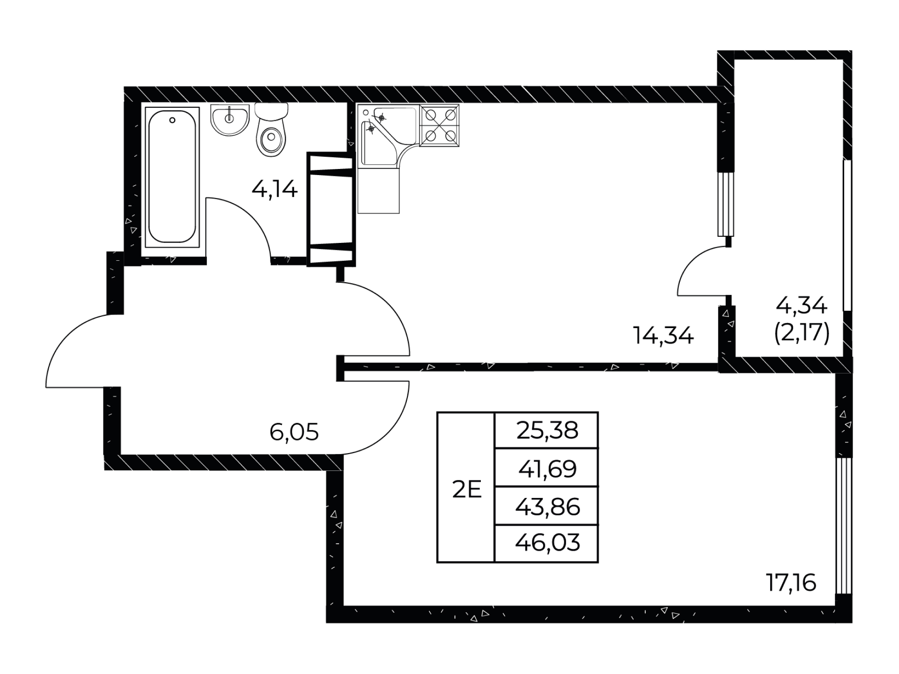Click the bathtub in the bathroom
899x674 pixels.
172,177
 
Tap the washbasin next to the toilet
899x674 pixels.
229,120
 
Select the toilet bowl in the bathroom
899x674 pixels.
271,130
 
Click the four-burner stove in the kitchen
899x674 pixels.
439,125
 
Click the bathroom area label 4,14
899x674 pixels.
274,190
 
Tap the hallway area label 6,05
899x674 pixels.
294,432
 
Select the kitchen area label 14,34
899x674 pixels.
663,335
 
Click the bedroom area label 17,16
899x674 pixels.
791,583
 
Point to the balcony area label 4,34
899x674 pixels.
802,306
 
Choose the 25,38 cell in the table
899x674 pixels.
546,430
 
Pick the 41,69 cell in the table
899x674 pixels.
546,468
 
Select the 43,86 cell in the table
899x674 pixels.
546,506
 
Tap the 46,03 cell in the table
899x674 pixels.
546,543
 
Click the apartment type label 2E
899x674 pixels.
467,491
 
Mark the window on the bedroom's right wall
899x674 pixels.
844,526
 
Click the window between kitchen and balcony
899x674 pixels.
726,204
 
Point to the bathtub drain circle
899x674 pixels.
172,120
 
